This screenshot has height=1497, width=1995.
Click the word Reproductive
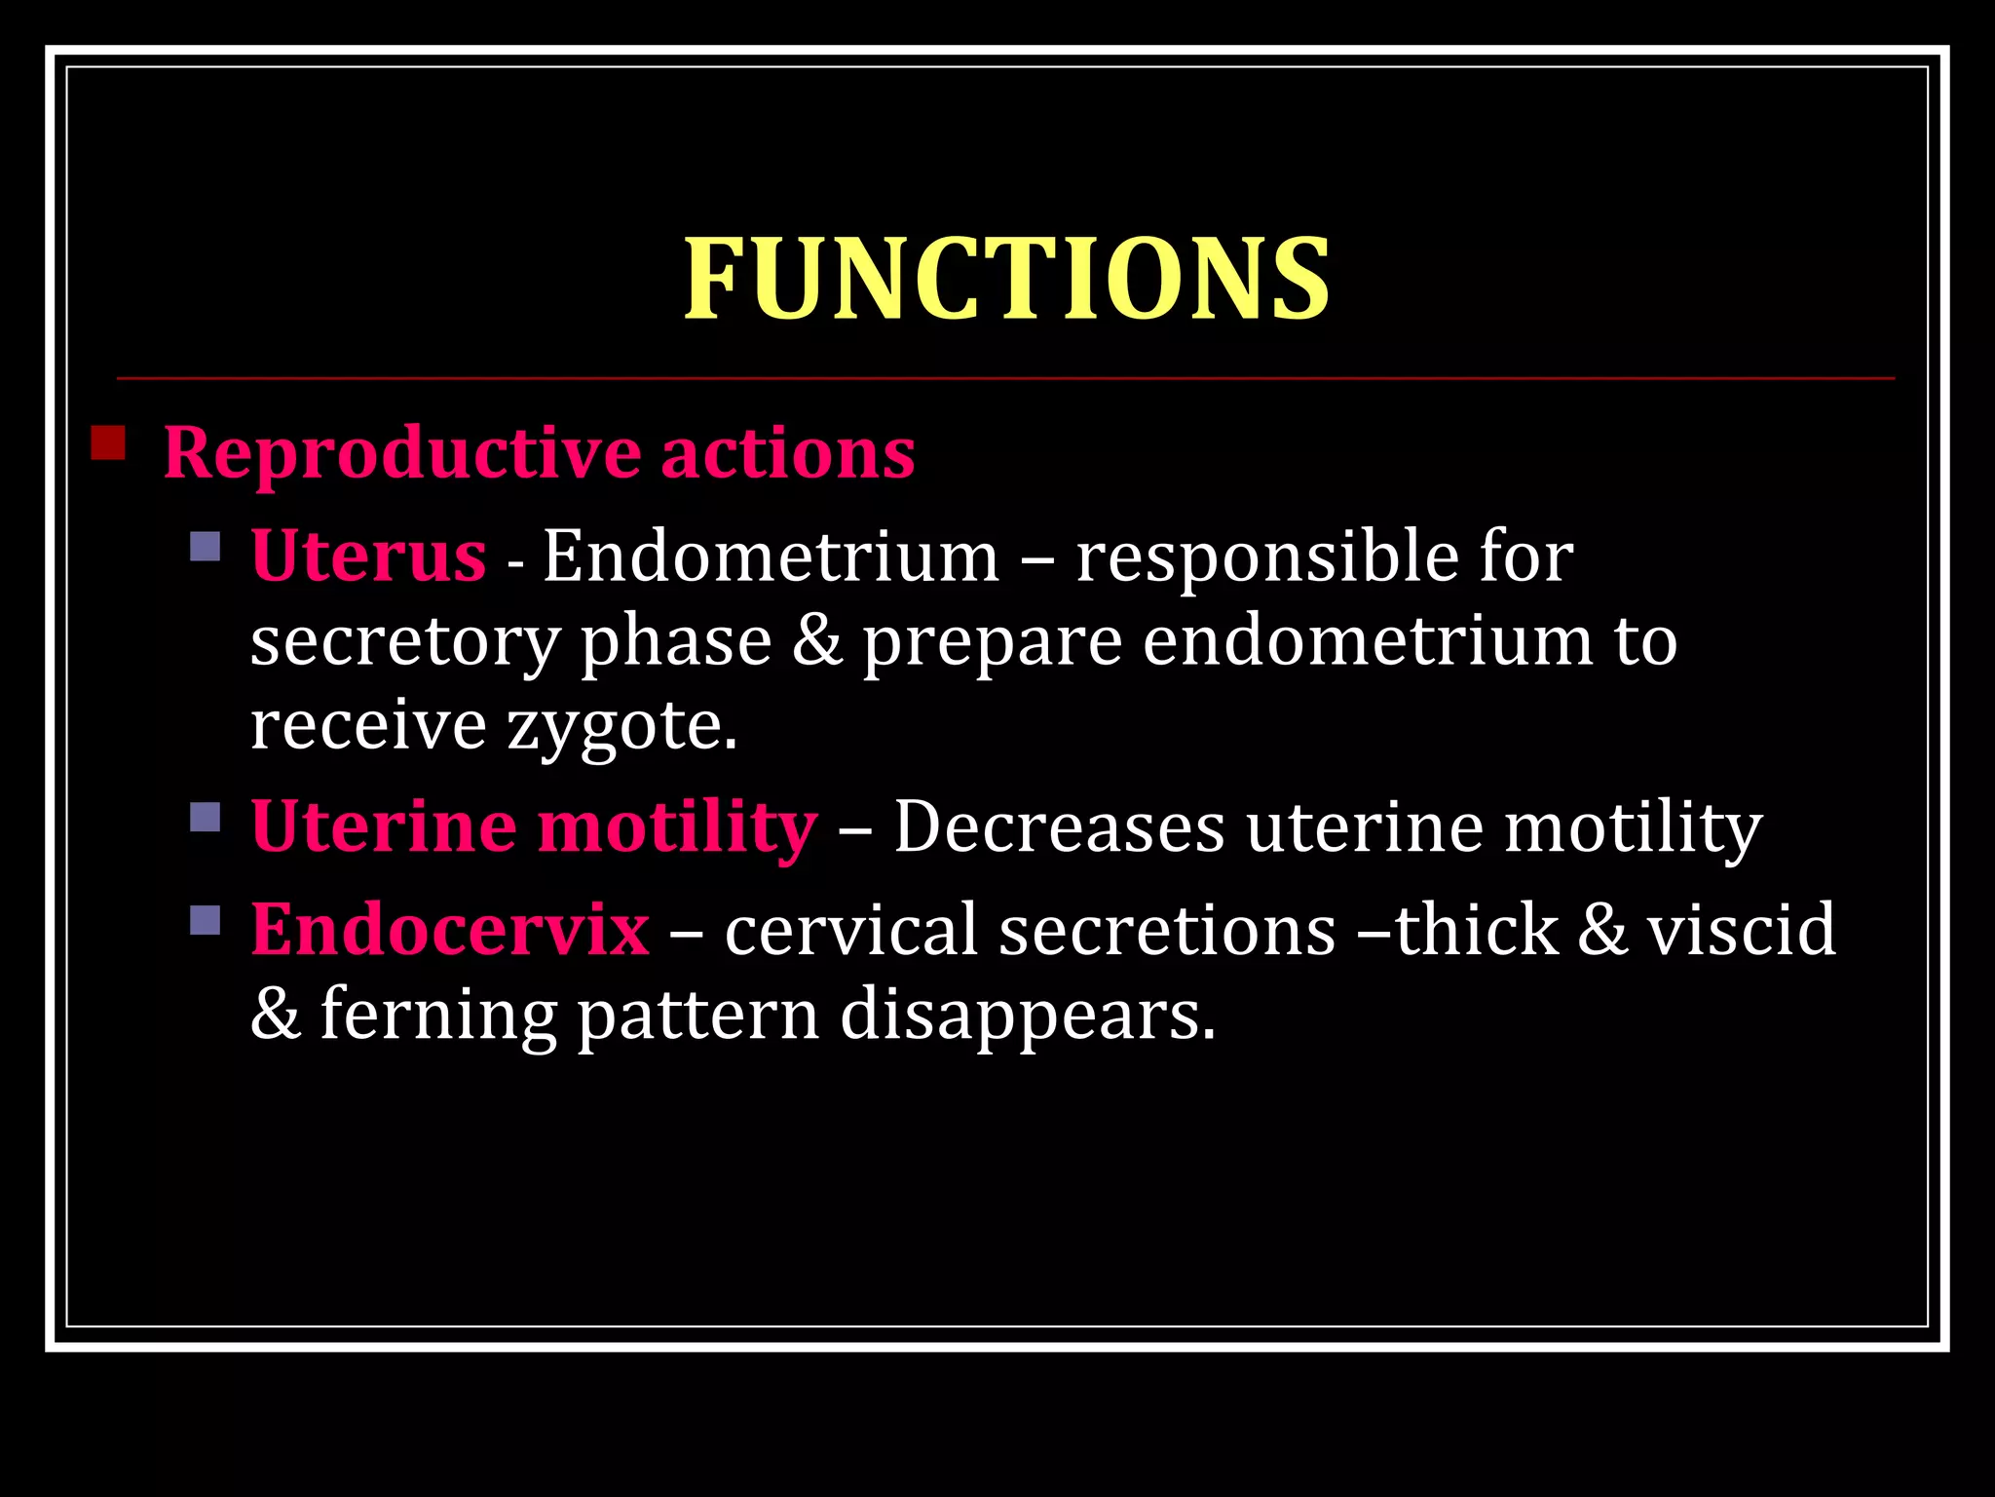(401, 454)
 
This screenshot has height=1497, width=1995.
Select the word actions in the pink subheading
(788, 453)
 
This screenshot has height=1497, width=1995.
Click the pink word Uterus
(368, 556)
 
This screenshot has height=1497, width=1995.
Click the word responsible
(1265, 557)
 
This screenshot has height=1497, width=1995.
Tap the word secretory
(404, 643)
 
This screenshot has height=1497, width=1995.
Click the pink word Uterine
(383, 826)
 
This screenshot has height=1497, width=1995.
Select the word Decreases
(1059, 827)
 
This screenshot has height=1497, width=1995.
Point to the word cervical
(850, 929)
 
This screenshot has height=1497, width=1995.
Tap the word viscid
(1741, 929)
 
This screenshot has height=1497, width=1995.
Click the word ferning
(438, 1014)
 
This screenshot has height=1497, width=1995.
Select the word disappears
(1028, 1016)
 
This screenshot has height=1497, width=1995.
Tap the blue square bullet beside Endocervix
(206, 919)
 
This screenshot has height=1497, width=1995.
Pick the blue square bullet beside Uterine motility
(206, 816)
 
